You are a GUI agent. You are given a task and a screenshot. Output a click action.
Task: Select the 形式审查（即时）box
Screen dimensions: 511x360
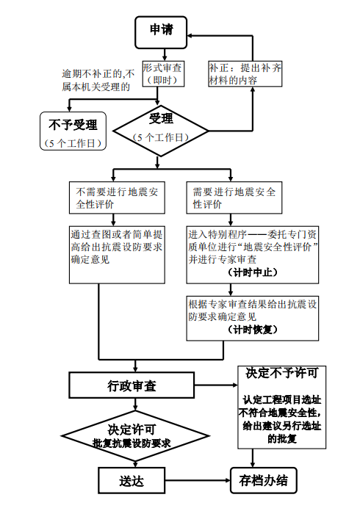(162, 73)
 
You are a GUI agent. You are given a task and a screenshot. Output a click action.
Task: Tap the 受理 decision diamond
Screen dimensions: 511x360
(161, 126)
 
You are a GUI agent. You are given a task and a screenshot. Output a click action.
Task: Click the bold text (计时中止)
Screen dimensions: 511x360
(253, 272)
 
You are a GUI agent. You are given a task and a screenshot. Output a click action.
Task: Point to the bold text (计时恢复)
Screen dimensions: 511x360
(253, 330)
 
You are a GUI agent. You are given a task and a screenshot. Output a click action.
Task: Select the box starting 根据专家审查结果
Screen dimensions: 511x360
(252, 316)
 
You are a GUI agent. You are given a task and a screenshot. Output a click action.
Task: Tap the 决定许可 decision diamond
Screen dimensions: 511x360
(132, 435)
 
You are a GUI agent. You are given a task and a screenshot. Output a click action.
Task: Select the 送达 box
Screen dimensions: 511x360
(132, 481)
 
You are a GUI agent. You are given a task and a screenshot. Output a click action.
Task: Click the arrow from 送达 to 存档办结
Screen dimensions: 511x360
(197, 481)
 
